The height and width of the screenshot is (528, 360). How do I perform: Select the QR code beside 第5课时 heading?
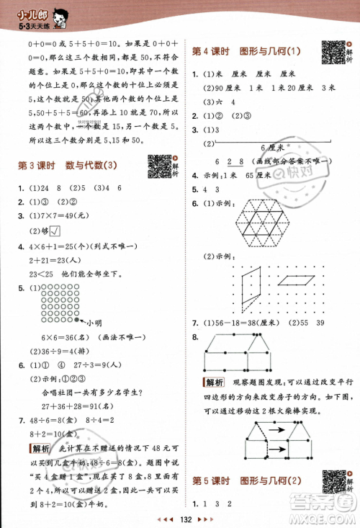(332, 480)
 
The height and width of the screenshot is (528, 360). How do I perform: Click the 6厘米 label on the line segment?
(270, 146)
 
